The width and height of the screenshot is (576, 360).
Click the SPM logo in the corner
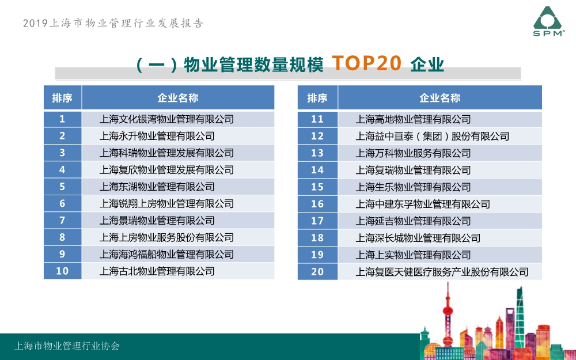[x=548, y=21]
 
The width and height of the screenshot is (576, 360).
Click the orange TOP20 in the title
[x=366, y=63]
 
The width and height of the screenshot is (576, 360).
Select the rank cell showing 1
[x=62, y=119]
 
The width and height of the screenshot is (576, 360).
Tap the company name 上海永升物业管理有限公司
[x=157, y=137]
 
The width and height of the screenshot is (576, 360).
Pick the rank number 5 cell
[x=62, y=187]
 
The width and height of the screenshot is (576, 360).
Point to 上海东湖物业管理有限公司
[x=157, y=187]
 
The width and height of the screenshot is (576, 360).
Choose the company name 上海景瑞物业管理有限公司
[x=157, y=221]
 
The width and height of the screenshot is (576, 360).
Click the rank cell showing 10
[x=62, y=271]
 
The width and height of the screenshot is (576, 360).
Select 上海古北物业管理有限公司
[x=157, y=271]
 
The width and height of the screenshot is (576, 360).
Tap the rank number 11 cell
[x=317, y=119]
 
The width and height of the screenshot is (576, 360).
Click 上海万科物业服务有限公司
[x=413, y=153]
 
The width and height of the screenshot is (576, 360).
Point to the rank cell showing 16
[x=317, y=204]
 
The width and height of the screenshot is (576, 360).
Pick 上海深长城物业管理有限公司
[x=418, y=238]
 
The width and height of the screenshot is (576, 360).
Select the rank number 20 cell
[x=317, y=272]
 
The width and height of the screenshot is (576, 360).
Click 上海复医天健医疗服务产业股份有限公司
[x=442, y=272]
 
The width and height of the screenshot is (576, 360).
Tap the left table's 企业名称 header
[x=178, y=98]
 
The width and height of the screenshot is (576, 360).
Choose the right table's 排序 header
[x=317, y=98]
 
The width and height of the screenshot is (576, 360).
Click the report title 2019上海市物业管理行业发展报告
[x=113, y=23]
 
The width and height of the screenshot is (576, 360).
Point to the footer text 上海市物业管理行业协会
[x=67, y=346]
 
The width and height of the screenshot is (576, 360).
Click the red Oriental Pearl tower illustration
[x=447, y=315]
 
